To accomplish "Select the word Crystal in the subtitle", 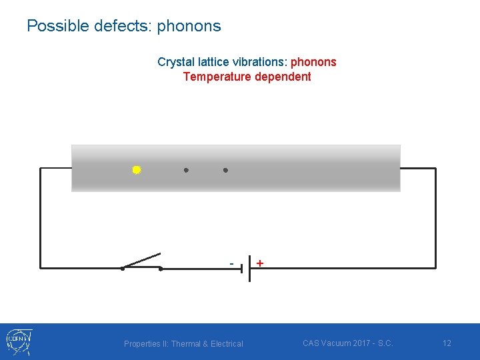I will pyautogui.click(x=174, y=62).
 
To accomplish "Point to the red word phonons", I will pyautogui.click(x=313, y=62).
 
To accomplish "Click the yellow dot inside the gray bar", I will pyautogui.click(x=136, y=170).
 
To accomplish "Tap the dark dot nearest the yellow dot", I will pyautogui.click(x=186, y=170).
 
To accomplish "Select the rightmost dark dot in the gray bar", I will pyautogui.click(x=225, y=170).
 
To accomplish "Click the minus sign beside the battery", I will pyautogui.click(x=231, y=263).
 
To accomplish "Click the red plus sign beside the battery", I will pyautogui.click(x=259, y=263).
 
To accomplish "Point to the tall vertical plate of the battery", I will pyautogui.click(x=249, y=269).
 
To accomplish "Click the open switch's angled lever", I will pyautogui.click(x=142, y=261).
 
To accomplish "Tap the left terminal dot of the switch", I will pyautogui.click(x=123, y=269).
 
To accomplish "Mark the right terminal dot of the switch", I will pyautogui.click(x=161, y=269).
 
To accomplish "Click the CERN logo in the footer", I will pyautogui.click(x=19, y=341).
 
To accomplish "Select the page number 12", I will pyautogui.click(x=447, y=343).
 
